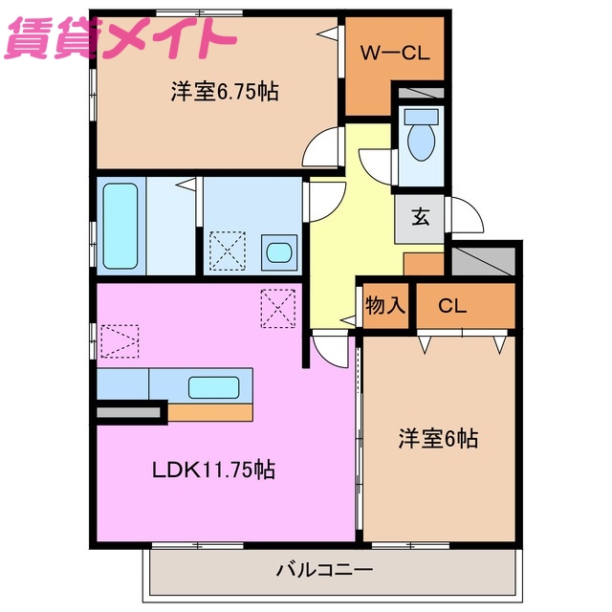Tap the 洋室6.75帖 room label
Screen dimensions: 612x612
coord(225,92)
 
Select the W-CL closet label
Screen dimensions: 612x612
coord(393,53)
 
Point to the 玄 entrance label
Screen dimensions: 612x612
coord(420,216)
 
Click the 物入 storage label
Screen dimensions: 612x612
coord(385,306)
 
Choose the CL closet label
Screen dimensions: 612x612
coord(452,306)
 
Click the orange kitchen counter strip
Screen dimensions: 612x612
coord(211,412)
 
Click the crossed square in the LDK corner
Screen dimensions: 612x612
coord(279,309)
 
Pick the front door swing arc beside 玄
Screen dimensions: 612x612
coord(464,213)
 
